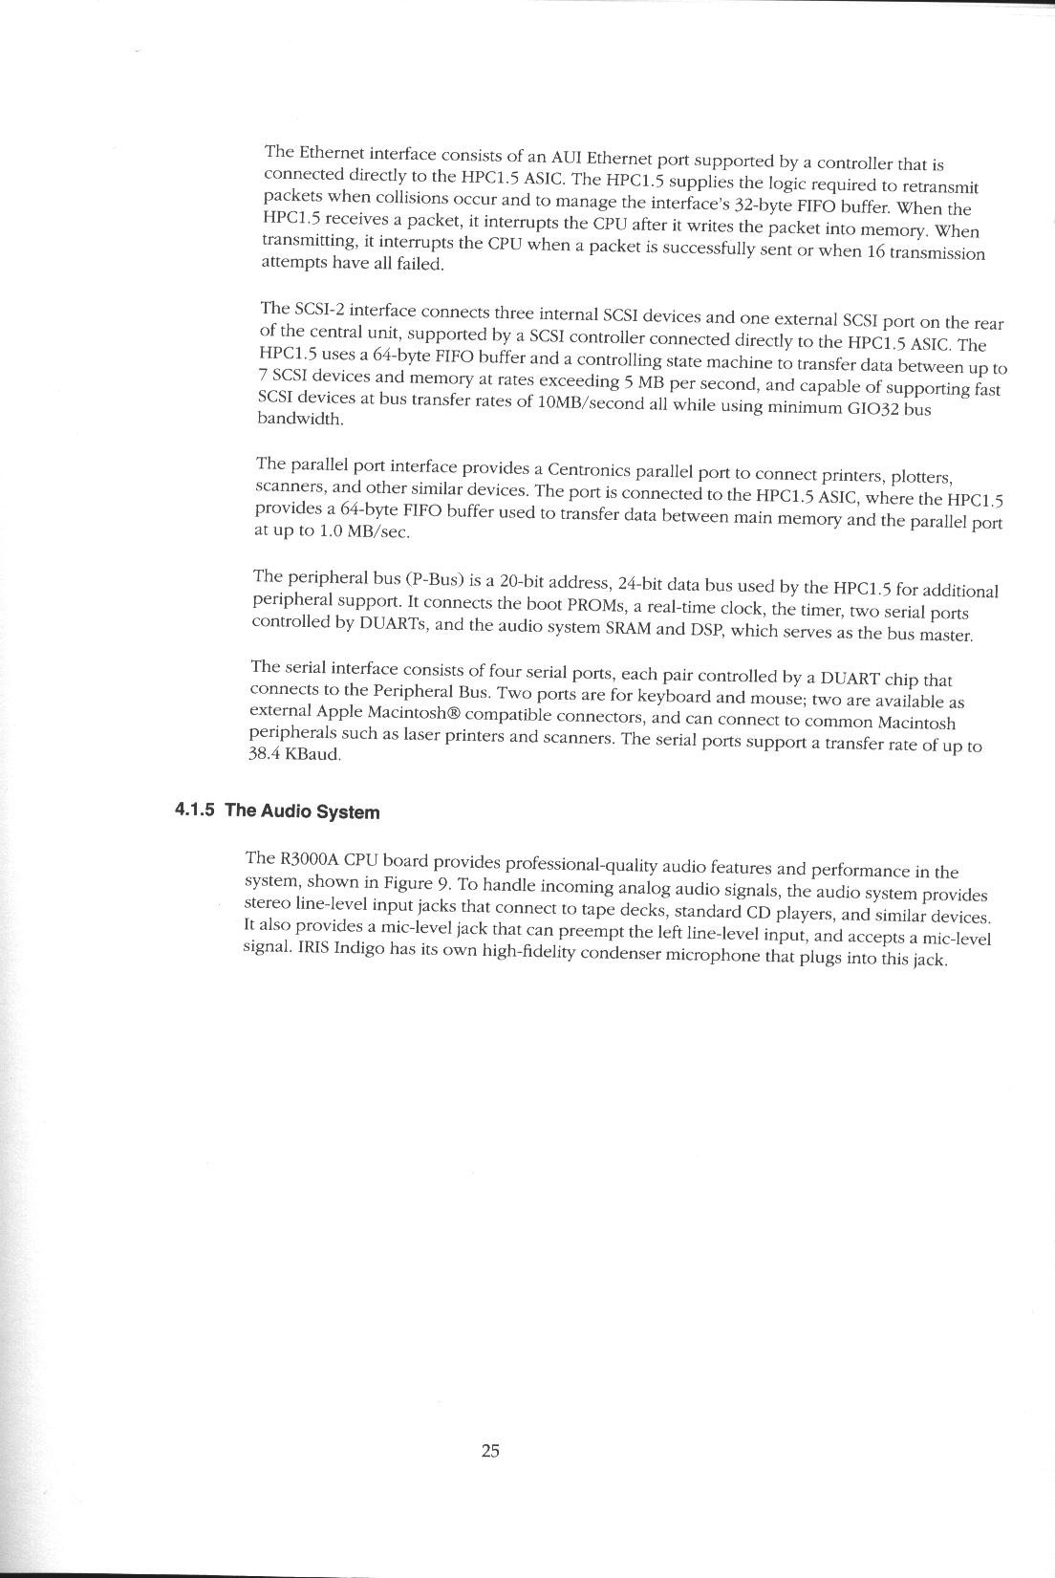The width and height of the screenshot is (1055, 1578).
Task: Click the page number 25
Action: click(490, 1451)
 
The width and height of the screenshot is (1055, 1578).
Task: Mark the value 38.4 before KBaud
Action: click(264, 752)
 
